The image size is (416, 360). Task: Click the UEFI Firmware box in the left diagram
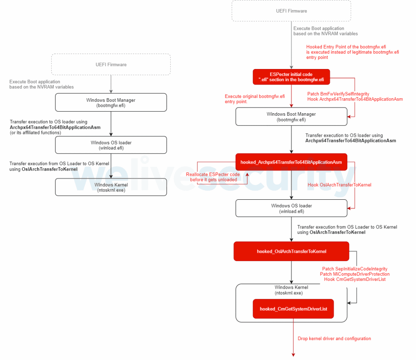point(111,65)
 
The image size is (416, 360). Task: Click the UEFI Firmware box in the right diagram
point(291,11)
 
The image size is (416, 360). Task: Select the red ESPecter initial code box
point(291,77)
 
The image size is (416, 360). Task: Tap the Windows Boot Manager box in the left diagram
point(111,102)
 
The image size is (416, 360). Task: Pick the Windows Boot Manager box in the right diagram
point(291,117)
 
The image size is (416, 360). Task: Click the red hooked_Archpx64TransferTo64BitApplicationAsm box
point(291,162)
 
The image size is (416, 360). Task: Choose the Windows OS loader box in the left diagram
point(111,145)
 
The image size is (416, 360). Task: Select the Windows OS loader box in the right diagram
point(291,208)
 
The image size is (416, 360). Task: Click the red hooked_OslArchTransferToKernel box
point(291,251)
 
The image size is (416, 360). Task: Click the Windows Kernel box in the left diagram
point(111,187)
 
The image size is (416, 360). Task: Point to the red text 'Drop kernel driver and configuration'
point(334,338)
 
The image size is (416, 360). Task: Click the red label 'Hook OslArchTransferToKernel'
point(339,185)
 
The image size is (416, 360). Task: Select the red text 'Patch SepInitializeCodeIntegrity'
point(355,269)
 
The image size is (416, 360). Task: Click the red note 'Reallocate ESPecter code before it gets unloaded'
point(213,177)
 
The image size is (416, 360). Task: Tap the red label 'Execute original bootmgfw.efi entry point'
point(255,99)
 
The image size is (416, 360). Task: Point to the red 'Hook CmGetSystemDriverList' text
point(355,279)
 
